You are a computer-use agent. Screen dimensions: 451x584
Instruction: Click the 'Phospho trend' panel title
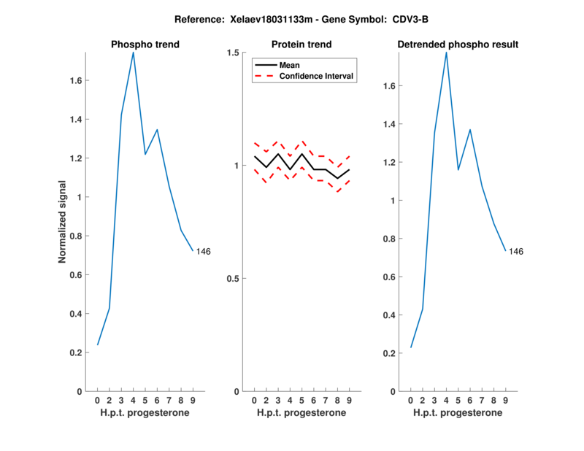click(x=145, y=45)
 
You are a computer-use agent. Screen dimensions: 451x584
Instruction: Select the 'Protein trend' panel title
click(x=301, y=45)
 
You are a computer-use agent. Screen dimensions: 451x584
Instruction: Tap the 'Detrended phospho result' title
click(x=458, y=45)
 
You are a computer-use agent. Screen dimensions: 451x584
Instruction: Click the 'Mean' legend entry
click(x=290, y=65)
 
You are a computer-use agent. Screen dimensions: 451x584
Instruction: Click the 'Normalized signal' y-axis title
click(x=63, y=222)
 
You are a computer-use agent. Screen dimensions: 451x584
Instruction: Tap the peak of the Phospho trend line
click(x=133, y=53)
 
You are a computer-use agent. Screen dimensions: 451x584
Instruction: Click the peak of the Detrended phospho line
click(x=446, y=53)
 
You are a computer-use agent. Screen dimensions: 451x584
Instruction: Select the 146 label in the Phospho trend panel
click(x=203, y=252)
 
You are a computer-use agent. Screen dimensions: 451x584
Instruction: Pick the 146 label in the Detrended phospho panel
click(x=516, y=252)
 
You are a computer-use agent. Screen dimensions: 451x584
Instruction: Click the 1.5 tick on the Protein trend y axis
click(x=234, y=53)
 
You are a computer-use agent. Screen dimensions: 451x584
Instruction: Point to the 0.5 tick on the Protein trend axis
click(x=234, y=278)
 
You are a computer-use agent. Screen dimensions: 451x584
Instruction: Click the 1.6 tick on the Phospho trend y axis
click(x=77, y=80)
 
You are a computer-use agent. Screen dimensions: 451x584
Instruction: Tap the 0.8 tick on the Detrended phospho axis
click(x=390, y=239)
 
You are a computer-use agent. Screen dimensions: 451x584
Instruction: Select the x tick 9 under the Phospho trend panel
click(x=193, y=400)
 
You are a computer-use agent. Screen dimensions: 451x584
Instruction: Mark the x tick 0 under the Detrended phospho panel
click(x=411, y=400)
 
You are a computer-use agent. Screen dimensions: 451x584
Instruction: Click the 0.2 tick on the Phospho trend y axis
click(x=77, y=352)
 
